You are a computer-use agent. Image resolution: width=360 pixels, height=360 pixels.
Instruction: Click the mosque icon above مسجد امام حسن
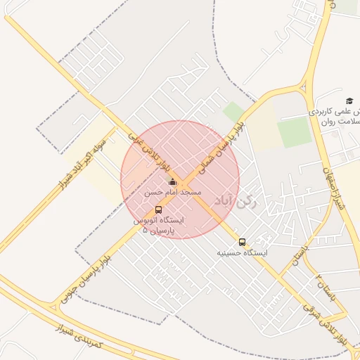coord(172,183)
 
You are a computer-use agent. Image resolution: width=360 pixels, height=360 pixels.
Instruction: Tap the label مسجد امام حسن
coord(173,192)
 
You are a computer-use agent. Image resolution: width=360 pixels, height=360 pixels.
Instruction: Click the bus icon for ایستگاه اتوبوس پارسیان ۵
coord(158,210)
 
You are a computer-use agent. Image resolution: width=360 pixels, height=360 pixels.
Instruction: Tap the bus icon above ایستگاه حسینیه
coord(243,242)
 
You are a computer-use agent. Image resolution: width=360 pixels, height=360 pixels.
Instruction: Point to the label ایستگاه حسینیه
coord(243,252)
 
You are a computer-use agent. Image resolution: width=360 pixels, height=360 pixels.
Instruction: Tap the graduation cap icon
coord(349,101)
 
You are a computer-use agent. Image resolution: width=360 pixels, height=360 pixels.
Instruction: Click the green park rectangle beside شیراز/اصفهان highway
coord(294,131)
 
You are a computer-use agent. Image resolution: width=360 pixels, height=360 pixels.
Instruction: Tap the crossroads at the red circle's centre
coord(180,179)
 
